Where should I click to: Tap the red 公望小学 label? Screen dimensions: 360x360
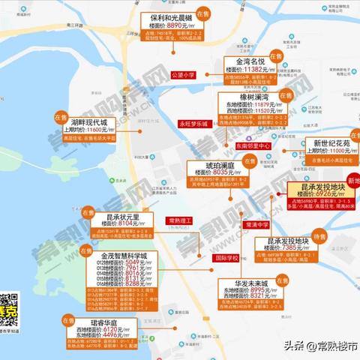pyautogui.click(x=183, y=75)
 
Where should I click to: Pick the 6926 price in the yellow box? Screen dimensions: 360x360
pyautogui.click(x=330, y=193)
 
